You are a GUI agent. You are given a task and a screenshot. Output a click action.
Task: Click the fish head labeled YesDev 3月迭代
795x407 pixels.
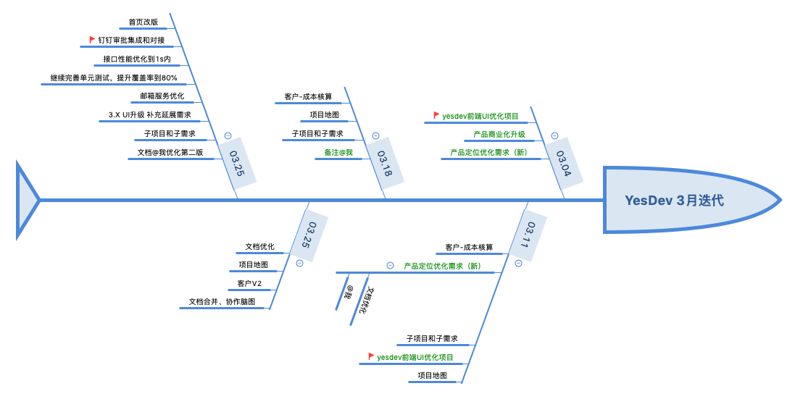[674, 201]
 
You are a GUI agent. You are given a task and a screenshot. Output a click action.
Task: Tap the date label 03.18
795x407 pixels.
[383, 162]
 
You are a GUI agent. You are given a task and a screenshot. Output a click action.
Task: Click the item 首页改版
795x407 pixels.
[143, 22]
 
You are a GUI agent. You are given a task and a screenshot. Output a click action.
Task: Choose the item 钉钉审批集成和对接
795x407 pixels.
[131, 40]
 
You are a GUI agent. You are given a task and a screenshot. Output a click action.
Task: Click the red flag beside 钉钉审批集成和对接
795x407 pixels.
[92, 40]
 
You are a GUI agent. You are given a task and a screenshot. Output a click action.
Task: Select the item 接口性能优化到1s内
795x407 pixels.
[137, 59]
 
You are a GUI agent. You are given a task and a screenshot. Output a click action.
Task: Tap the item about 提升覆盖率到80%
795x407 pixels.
[114, 77]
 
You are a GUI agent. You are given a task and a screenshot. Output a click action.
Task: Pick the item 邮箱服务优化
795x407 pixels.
[162, 96]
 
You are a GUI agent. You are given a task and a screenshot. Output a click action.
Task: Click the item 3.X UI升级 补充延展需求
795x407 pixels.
[149, 114]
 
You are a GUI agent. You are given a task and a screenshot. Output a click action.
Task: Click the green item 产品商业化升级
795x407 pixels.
[499, 134]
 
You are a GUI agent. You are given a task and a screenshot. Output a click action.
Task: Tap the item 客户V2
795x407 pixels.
[249, 283]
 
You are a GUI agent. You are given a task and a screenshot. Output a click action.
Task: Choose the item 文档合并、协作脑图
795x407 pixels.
[222, 301]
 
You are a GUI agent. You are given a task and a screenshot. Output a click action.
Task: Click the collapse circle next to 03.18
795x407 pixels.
[375, 135]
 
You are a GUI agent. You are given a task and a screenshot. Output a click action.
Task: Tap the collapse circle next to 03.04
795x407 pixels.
[554, 135]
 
